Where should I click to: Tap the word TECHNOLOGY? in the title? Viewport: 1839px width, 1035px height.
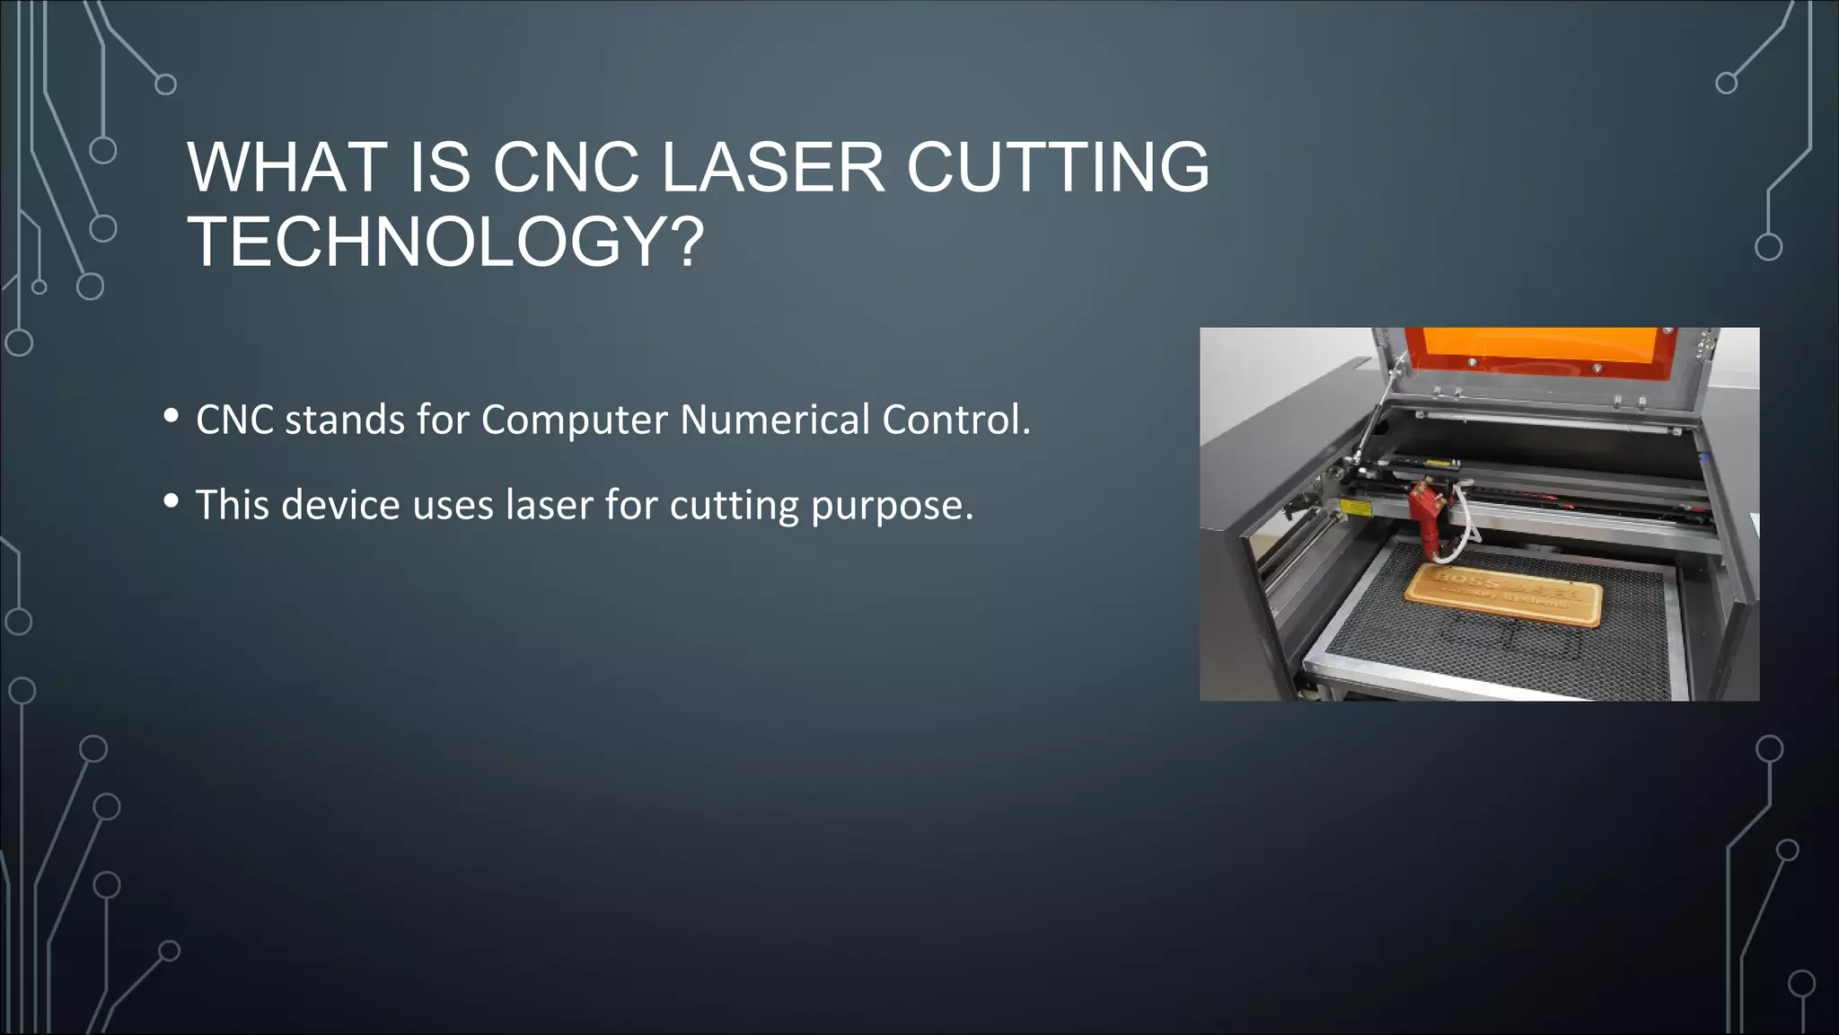446,243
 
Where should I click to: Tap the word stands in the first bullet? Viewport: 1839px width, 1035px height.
345,420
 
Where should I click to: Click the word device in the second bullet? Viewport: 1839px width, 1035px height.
340,505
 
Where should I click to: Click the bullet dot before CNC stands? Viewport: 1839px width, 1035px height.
172,416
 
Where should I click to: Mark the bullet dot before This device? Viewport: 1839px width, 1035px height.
172,501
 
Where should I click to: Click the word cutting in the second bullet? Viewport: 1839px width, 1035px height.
734,506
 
